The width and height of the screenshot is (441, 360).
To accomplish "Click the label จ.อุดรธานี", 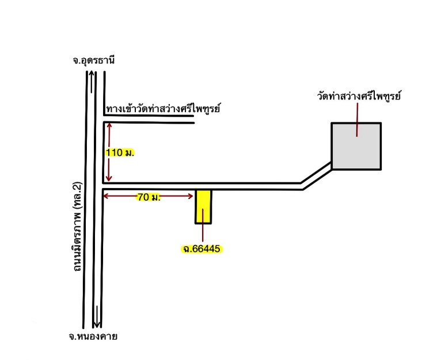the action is (x=94, y=60).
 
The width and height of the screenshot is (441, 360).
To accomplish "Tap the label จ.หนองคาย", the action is (x=93, y=336).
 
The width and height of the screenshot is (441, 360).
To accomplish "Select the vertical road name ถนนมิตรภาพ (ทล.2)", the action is (x=77, y=227).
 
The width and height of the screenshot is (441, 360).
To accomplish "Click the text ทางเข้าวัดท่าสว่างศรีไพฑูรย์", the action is (x=163, y=109).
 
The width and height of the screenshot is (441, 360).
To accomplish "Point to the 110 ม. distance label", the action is (x=120, y=152).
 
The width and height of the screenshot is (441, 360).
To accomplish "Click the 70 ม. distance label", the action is (x=149, y=197).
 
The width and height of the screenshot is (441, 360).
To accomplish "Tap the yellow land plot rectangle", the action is (x=203, y=206).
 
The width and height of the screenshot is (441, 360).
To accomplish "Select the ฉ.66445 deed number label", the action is (x=202, y=248).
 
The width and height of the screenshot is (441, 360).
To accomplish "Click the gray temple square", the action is (x=356, y=146).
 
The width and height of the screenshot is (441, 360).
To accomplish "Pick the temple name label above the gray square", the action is (x=359, y=96).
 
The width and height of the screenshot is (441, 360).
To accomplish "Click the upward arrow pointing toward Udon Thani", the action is (x=91, y=82).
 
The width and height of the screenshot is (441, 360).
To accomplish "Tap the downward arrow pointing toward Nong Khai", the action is (x=97, y=317).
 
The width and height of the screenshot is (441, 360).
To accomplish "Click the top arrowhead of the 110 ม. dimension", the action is (x=109, y=125).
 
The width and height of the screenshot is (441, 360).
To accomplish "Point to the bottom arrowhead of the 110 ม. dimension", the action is (x=109, y=179).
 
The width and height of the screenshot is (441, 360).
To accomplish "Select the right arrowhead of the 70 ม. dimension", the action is (x=191, y=196).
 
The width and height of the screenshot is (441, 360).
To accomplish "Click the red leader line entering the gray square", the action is (x=357, y=120).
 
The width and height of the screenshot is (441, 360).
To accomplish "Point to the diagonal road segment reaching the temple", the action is (x=317, y=176).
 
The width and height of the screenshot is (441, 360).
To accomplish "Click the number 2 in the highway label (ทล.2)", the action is (x=77, y=186).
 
